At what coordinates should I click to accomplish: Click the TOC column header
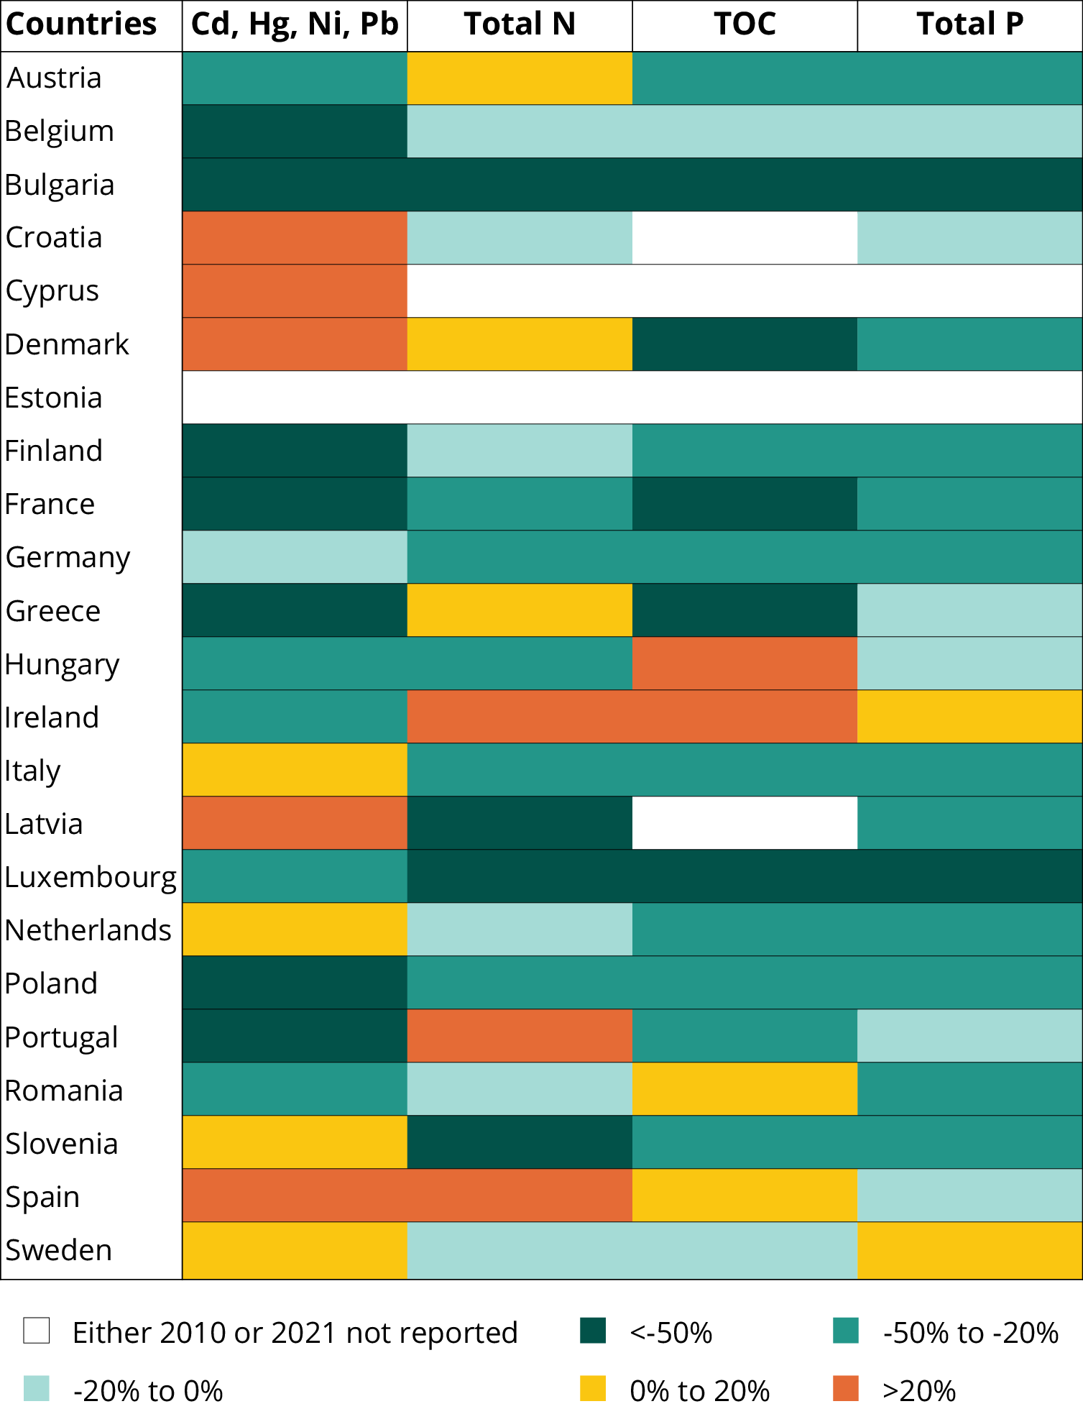[745, 24]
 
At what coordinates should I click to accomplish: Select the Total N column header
[520, 24]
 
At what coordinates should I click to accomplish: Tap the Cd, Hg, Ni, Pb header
[295, 24]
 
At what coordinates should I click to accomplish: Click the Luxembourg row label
[91, 877]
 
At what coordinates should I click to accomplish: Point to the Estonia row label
[54, 398]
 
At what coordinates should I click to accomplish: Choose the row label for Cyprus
[52, 291]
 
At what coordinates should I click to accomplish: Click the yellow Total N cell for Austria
[520, 78]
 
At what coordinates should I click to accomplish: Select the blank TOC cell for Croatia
[745, 238]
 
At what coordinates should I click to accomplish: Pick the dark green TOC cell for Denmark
[745, 344]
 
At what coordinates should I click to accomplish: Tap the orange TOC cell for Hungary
[745, 664]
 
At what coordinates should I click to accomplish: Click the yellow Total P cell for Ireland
[969, 717]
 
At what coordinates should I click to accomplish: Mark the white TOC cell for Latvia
[745, 823]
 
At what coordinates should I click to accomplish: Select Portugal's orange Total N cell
[520, 1036]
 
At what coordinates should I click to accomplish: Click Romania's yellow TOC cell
[745, 1089]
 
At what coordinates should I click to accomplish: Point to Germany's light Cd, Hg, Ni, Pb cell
[295, 557]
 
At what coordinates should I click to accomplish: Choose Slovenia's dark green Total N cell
[520, 1142]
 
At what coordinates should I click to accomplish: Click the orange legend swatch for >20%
[846, 1388]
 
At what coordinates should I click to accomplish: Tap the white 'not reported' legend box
[37, 1331]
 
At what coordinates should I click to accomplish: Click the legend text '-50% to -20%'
[970, 1333]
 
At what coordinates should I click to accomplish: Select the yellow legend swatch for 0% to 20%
[593, 1388]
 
